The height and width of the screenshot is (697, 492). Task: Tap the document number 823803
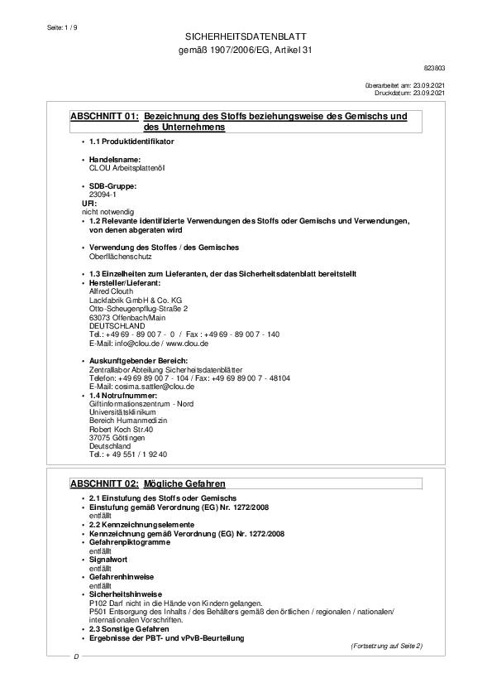pos(434,67)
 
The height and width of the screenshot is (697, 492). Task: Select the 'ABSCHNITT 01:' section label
pos(104,117)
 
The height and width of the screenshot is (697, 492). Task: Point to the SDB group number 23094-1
pos(103,194)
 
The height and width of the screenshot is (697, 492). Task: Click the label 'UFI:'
pos(89,203)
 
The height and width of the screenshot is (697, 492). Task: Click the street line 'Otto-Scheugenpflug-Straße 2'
pos(132,308)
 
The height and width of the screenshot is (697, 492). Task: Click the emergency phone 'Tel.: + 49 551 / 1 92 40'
pos(128,454)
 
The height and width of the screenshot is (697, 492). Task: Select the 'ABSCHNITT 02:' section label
pos(104,483)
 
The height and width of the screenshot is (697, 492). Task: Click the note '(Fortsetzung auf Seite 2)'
pos(385,646)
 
